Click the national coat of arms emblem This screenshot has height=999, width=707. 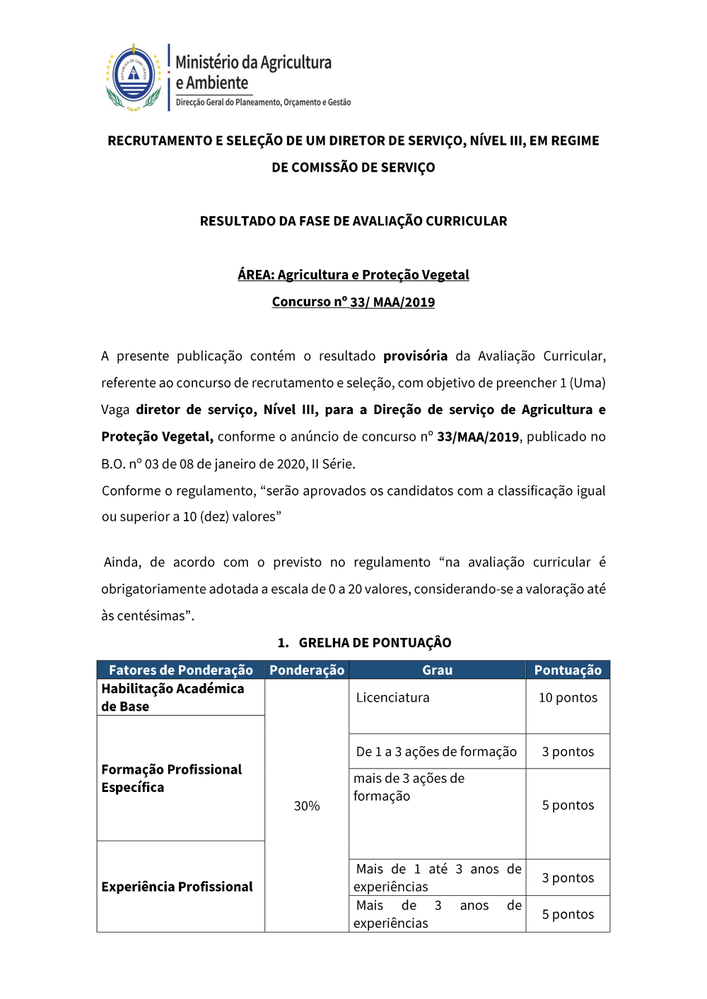[x=134, y=77]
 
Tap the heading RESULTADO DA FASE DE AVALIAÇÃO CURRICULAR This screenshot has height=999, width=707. [x=353, y=221]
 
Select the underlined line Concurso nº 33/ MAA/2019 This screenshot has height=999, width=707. [x=353, y=302]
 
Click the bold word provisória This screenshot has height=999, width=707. [x=415, y=356]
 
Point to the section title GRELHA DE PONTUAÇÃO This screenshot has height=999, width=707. [x=375, y=643]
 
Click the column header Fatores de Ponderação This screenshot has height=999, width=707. [x=181, y=670]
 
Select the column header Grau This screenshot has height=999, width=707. [x=437, y=670]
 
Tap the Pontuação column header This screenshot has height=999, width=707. [x=568, y=670]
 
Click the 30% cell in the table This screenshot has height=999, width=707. [x=307, y=806]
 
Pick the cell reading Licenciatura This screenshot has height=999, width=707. [x=393, y=698]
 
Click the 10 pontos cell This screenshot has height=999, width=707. [x=568, y=698]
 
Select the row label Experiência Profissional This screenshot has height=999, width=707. [x=177, y=887]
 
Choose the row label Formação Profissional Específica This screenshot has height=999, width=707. [x=171, y=779]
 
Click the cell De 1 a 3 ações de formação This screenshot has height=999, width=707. [x=436, y=752]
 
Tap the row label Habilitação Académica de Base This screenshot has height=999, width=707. [x=173, y=697]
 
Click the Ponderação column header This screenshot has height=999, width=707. [x=307, y=670]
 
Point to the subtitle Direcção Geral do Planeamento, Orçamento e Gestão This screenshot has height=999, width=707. [x=263, y=102]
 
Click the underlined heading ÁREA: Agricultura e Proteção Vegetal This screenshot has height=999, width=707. [x=353, y=275]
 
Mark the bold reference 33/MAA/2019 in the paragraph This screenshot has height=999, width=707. [x=478, y=437]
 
